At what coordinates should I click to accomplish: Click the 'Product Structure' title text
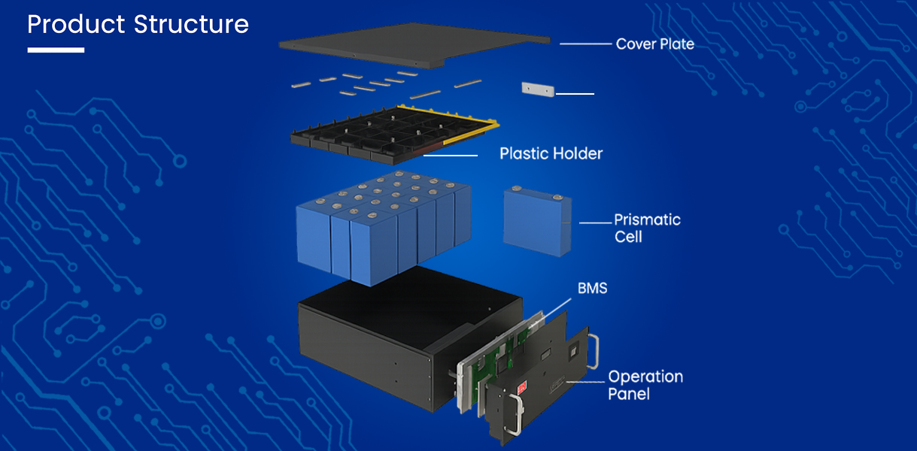click(x=138, y=25)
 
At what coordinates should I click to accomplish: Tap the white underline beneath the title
click(x=56, y=50)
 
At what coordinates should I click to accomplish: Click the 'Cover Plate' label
click(x=654, y=44)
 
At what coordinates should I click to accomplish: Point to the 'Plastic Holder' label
click(x=551, y=153)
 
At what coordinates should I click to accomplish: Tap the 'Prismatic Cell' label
click(x=646, y=228)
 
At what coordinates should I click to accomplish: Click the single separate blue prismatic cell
click(x=536, y=222)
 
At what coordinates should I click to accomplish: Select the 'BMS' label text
click(x=592, y=288)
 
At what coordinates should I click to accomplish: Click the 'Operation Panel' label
click(x=645, y=384)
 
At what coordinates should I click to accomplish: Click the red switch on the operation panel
click(x=522, y=388)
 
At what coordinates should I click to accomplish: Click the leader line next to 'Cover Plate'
click(x=585, y=44)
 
